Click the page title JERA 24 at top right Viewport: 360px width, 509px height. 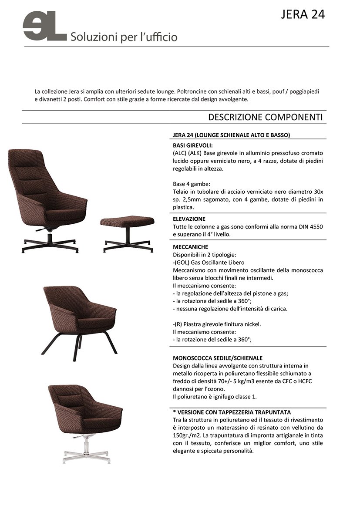pos(303,14)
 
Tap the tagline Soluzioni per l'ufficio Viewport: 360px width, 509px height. pos(124,37)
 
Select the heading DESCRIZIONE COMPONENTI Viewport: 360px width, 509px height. pos(265,117)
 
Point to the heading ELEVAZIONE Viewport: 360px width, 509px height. pos(189,219)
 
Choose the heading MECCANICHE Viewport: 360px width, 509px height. pos(190,246)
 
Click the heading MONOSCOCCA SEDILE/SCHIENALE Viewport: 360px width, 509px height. pos(218,358)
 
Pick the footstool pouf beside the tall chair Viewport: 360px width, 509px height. pos(127,222)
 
